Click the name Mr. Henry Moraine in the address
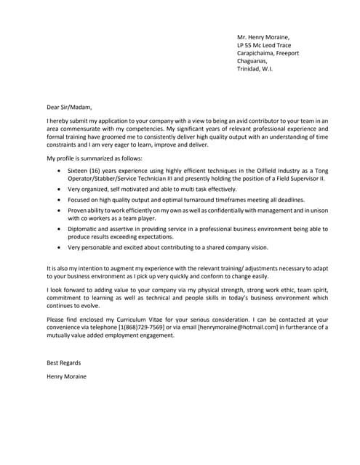[x=263, y=37]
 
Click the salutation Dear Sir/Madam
[x=69, y=107]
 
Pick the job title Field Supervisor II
[x=298, y=178]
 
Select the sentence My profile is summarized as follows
[x=95, y=158]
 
